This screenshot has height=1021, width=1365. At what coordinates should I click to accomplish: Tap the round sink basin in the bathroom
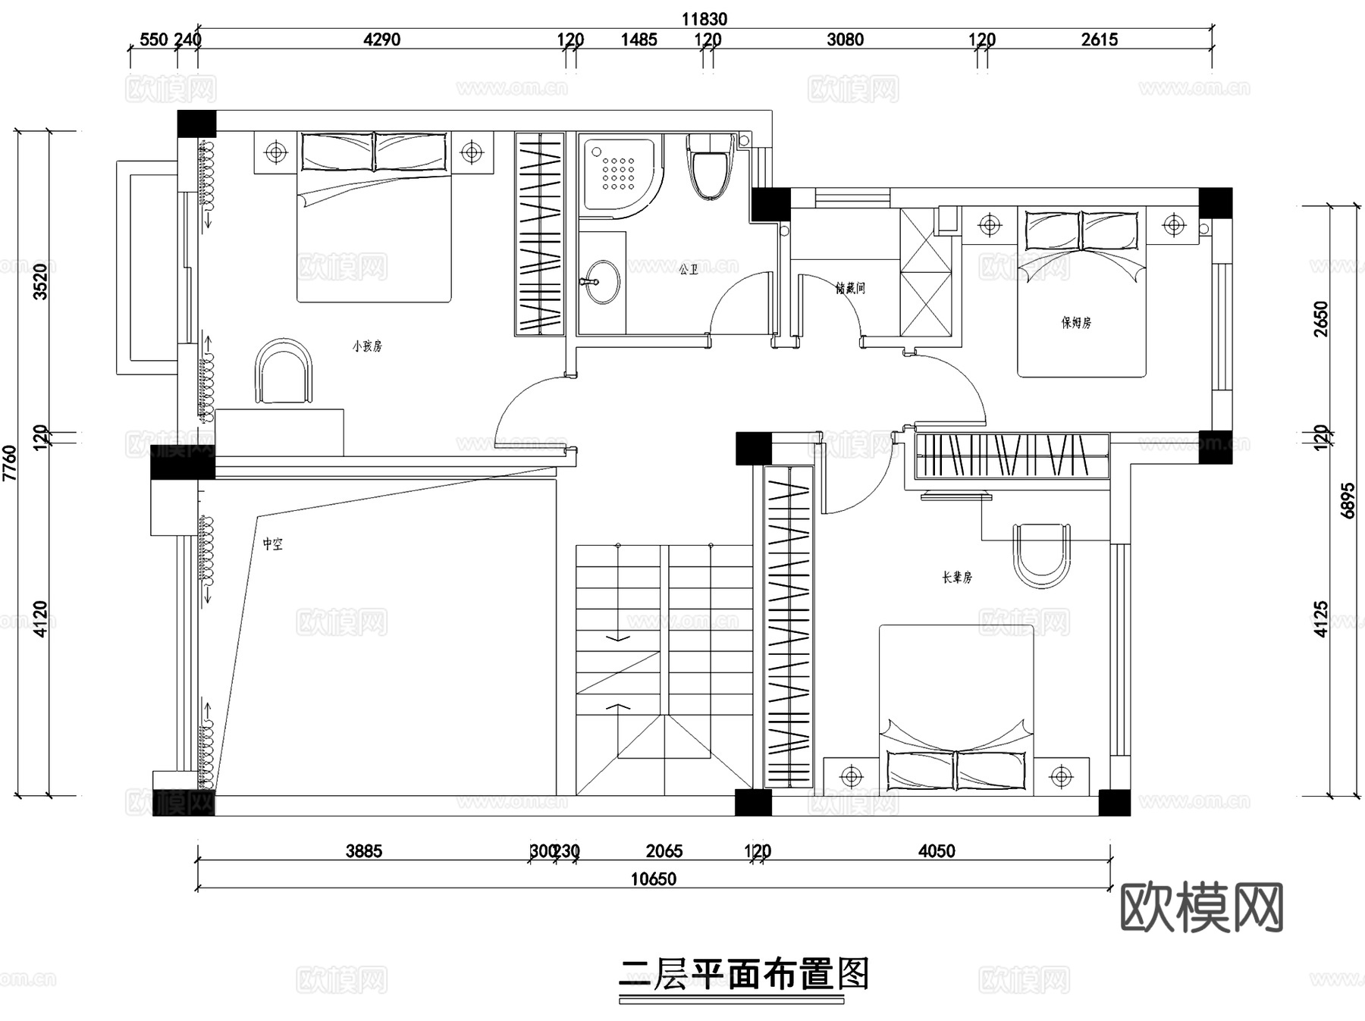[603, 282]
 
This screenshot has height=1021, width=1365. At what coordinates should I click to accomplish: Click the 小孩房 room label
[367, 346]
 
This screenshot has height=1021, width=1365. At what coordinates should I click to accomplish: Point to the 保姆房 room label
[1076, 322]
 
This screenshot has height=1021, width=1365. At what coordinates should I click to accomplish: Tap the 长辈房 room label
[957, 578]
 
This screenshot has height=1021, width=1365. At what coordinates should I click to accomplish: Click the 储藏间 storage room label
[850, 288]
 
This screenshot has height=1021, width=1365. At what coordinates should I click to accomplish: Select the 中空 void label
[273, 544]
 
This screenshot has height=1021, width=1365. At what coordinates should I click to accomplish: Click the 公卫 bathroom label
[688, 269]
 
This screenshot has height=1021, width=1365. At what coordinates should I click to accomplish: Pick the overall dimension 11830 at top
[704, 19]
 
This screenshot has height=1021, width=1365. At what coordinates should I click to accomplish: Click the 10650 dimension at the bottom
[653, 879]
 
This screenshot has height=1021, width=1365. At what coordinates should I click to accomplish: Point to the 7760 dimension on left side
[10, 462]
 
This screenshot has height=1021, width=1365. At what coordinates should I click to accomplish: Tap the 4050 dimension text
[937, 851]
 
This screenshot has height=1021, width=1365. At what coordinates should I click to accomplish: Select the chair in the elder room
[1042, 556]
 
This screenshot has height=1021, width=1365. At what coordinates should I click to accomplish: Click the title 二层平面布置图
[743, 975]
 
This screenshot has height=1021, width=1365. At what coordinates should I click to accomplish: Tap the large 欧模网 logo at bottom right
[1201, 907]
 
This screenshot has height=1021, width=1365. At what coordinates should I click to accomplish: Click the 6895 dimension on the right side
[1348, 500]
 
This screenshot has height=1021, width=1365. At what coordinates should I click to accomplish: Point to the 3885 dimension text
[364, 851]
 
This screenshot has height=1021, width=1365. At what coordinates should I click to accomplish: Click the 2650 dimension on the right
[1321, 319]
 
